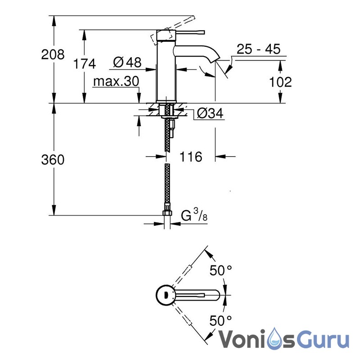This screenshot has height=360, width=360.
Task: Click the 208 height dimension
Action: pyautogui.click(x=53, y=55)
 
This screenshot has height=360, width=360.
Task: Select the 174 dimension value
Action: pyautogui.click(x=85, y=64)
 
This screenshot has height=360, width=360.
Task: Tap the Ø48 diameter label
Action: pyautogui.click(x=127, y=63)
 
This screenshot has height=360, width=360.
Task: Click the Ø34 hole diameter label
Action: pyautogui.click(x=210, y=114)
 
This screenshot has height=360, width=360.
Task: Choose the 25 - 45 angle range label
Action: pyautogui.click(x=258, y=49)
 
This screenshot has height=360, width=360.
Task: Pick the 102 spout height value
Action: pyautogui.click(x=280, y=82)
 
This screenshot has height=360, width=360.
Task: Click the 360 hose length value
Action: pyautogui.click(x=53, y=159)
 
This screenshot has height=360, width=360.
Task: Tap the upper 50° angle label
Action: pyautogui.click(x=221, y=271)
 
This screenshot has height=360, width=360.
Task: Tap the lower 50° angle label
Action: pyautogui.click(x=221, y=320)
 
